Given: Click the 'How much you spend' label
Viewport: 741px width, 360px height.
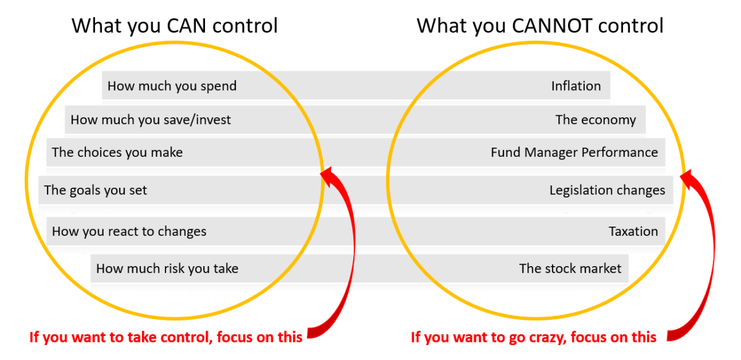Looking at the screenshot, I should [x=172, y=86].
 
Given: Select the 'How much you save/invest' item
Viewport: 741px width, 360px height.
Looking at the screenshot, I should [x=151, y=120].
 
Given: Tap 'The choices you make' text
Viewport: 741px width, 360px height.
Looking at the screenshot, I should [x=117, y=152].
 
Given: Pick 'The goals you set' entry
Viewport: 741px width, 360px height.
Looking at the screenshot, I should [x=96, y=190].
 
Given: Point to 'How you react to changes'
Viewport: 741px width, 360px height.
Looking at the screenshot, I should [x=129, y=232].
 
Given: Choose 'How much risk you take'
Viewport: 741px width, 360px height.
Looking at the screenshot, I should [x=167, y=269].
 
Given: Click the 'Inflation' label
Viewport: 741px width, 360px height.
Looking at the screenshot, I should [x=576, y=86].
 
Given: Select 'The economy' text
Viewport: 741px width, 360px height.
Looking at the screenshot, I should [x=595, y=120].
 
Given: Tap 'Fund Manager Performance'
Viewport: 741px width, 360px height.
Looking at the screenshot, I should [x=574, y=152].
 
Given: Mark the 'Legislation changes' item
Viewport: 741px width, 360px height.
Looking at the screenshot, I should [x=607, y=190].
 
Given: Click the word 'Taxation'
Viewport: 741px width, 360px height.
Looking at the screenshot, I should [x=633, y=232].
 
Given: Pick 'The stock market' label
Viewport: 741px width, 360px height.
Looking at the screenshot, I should [x=570, y=269].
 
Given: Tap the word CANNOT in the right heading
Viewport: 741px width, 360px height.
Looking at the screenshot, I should [x=550, y=26].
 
